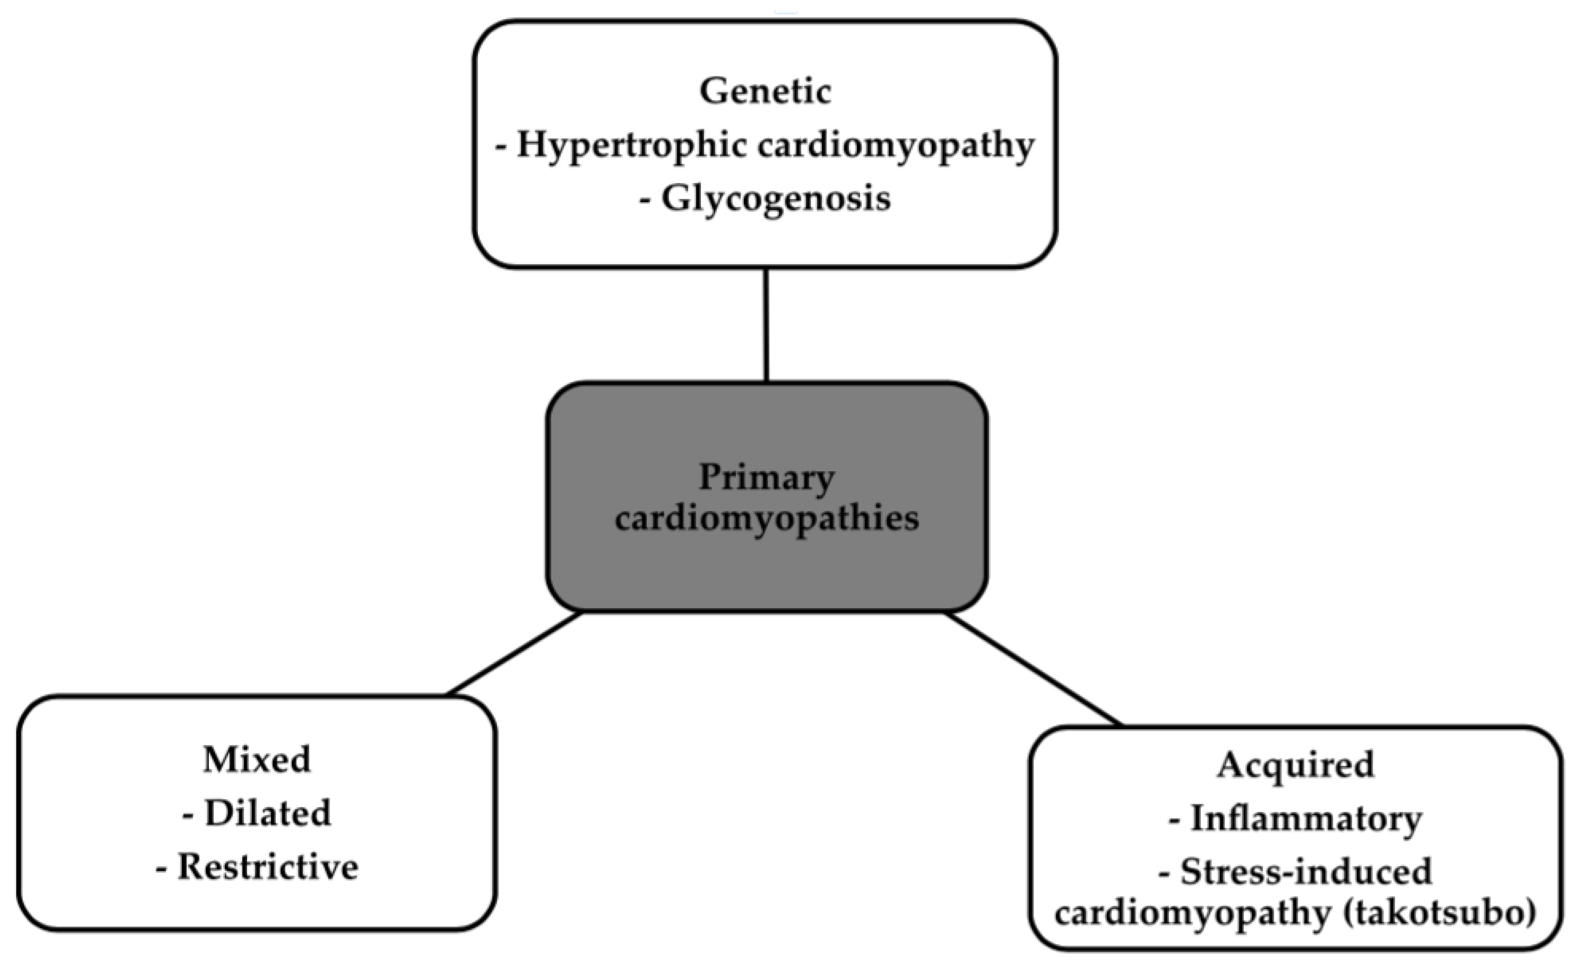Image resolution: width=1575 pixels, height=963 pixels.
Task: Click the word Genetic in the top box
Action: coord(765,91)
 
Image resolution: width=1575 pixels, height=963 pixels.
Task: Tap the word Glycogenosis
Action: coord(776,199)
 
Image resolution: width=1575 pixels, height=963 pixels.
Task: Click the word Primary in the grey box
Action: coord(766,478)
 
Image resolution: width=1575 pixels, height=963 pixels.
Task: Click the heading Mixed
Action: coord(256,759)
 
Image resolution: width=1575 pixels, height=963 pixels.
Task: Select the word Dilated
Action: coord(267,813)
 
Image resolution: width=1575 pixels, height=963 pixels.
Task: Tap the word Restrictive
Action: coord(267,867)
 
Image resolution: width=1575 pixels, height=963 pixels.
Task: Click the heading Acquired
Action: coord(1295,765)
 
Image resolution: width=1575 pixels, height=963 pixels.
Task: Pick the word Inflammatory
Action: coord(1306,819)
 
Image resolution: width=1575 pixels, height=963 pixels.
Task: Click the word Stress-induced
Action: coord(1306,871)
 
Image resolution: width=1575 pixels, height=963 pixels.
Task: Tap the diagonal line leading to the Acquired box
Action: coord(1032,669)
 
